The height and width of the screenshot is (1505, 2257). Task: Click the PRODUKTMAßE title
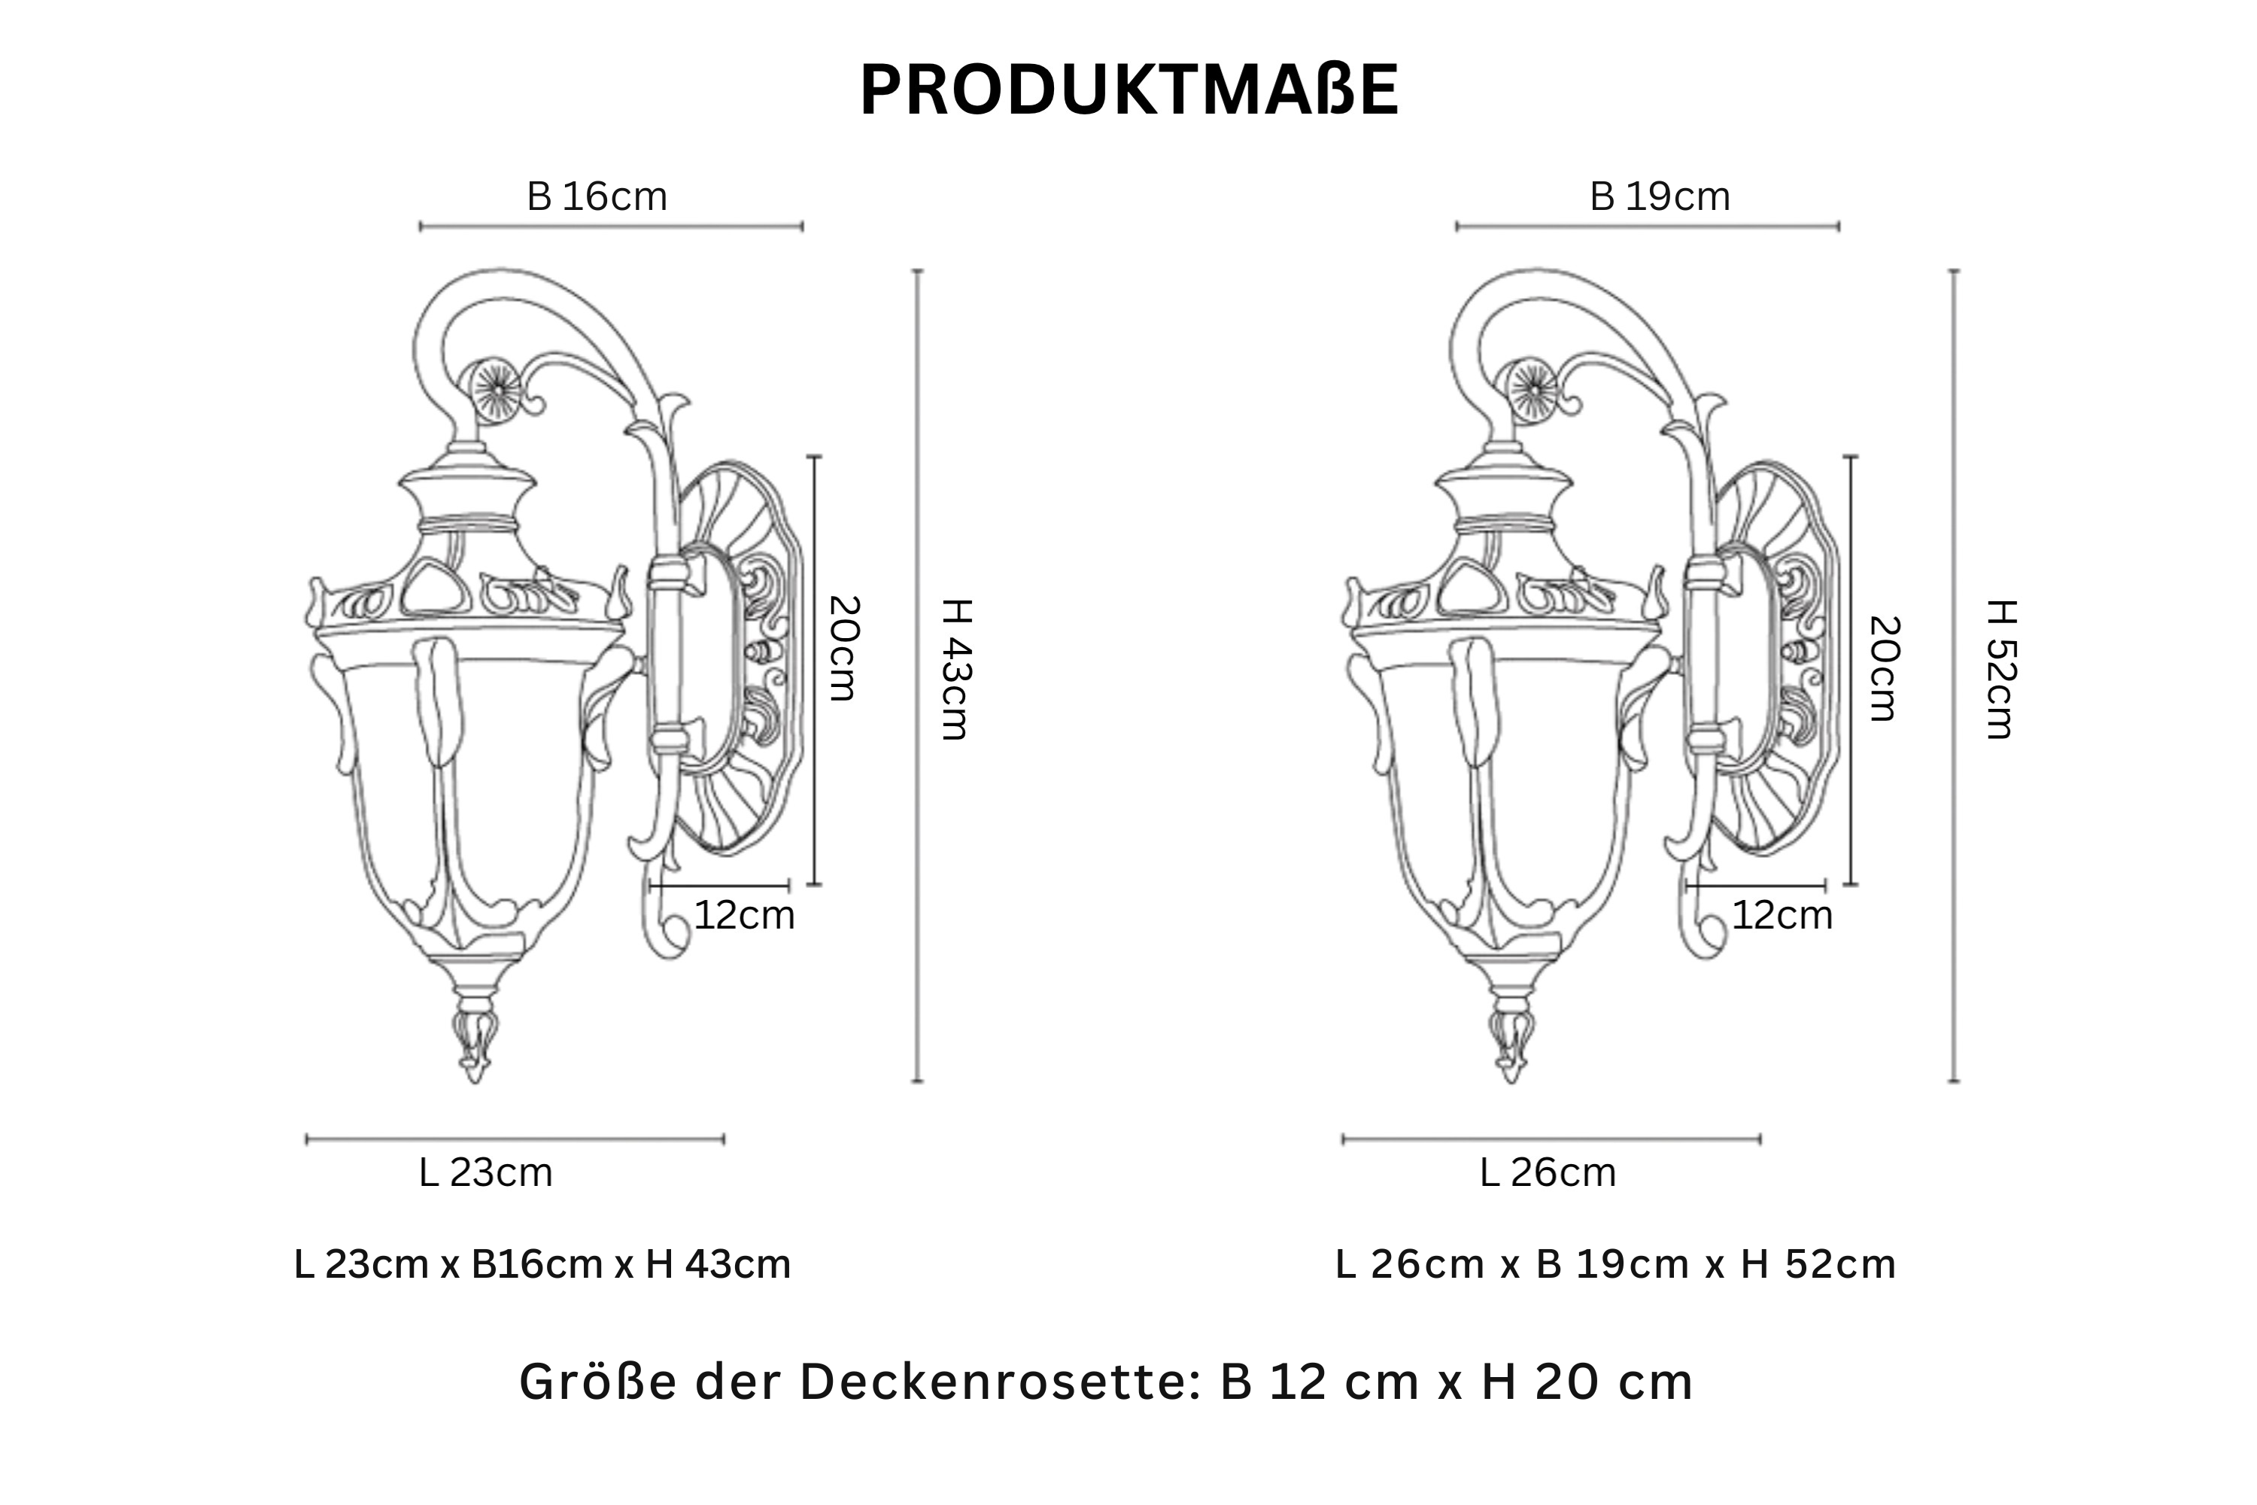pos(1129,91)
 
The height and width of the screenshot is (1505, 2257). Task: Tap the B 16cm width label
pos(597,196)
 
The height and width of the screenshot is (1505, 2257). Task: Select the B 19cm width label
pos(1660,196)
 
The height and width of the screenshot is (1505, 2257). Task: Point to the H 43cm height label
pos(955,669)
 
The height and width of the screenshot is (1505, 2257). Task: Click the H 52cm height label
pos(2000,669)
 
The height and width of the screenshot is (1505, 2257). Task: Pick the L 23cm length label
pos(485,1173)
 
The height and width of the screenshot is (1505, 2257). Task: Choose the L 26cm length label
pos(1548,1173)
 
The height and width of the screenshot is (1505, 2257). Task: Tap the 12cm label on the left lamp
pos(744,916)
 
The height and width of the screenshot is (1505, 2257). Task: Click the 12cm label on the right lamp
pos(1782,916)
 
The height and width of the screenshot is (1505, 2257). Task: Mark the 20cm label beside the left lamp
pos(843,649)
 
